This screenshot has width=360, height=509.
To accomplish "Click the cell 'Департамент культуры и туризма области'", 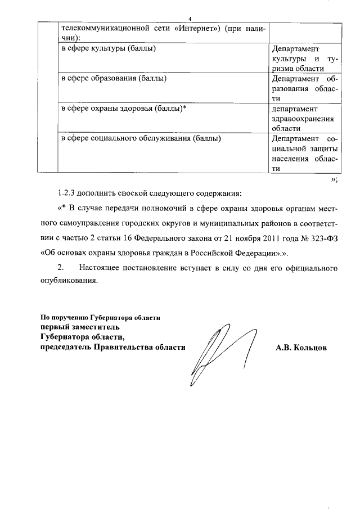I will (304, 58).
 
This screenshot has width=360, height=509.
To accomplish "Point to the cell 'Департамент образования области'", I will (304, 88).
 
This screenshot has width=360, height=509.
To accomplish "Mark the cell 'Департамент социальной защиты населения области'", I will (304, 153).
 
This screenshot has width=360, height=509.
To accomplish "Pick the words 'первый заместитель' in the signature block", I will (79, 327).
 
